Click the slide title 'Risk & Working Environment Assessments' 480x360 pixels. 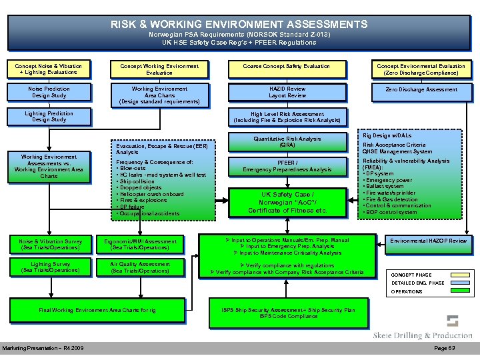point(239,25)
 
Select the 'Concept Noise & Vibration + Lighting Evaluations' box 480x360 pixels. point(49,69)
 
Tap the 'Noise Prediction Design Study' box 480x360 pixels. point(49,92)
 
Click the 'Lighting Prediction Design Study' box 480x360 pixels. point(49,117)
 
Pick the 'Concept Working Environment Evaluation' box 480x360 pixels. point(159,69)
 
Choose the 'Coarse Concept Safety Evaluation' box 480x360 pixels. point(287,67)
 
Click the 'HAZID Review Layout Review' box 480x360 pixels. point(287,92)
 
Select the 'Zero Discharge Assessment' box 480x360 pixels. point(421,89)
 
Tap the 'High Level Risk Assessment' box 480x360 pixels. point(287,117)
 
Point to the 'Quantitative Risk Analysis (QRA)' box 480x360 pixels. point(287,141)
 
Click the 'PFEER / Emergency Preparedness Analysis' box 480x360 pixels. point(287,166)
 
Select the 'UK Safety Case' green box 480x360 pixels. point(287,202)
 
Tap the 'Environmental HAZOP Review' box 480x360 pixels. point(429,241)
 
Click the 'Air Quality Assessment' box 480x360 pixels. point(141,267)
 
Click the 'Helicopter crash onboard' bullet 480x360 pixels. point(151,194)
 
